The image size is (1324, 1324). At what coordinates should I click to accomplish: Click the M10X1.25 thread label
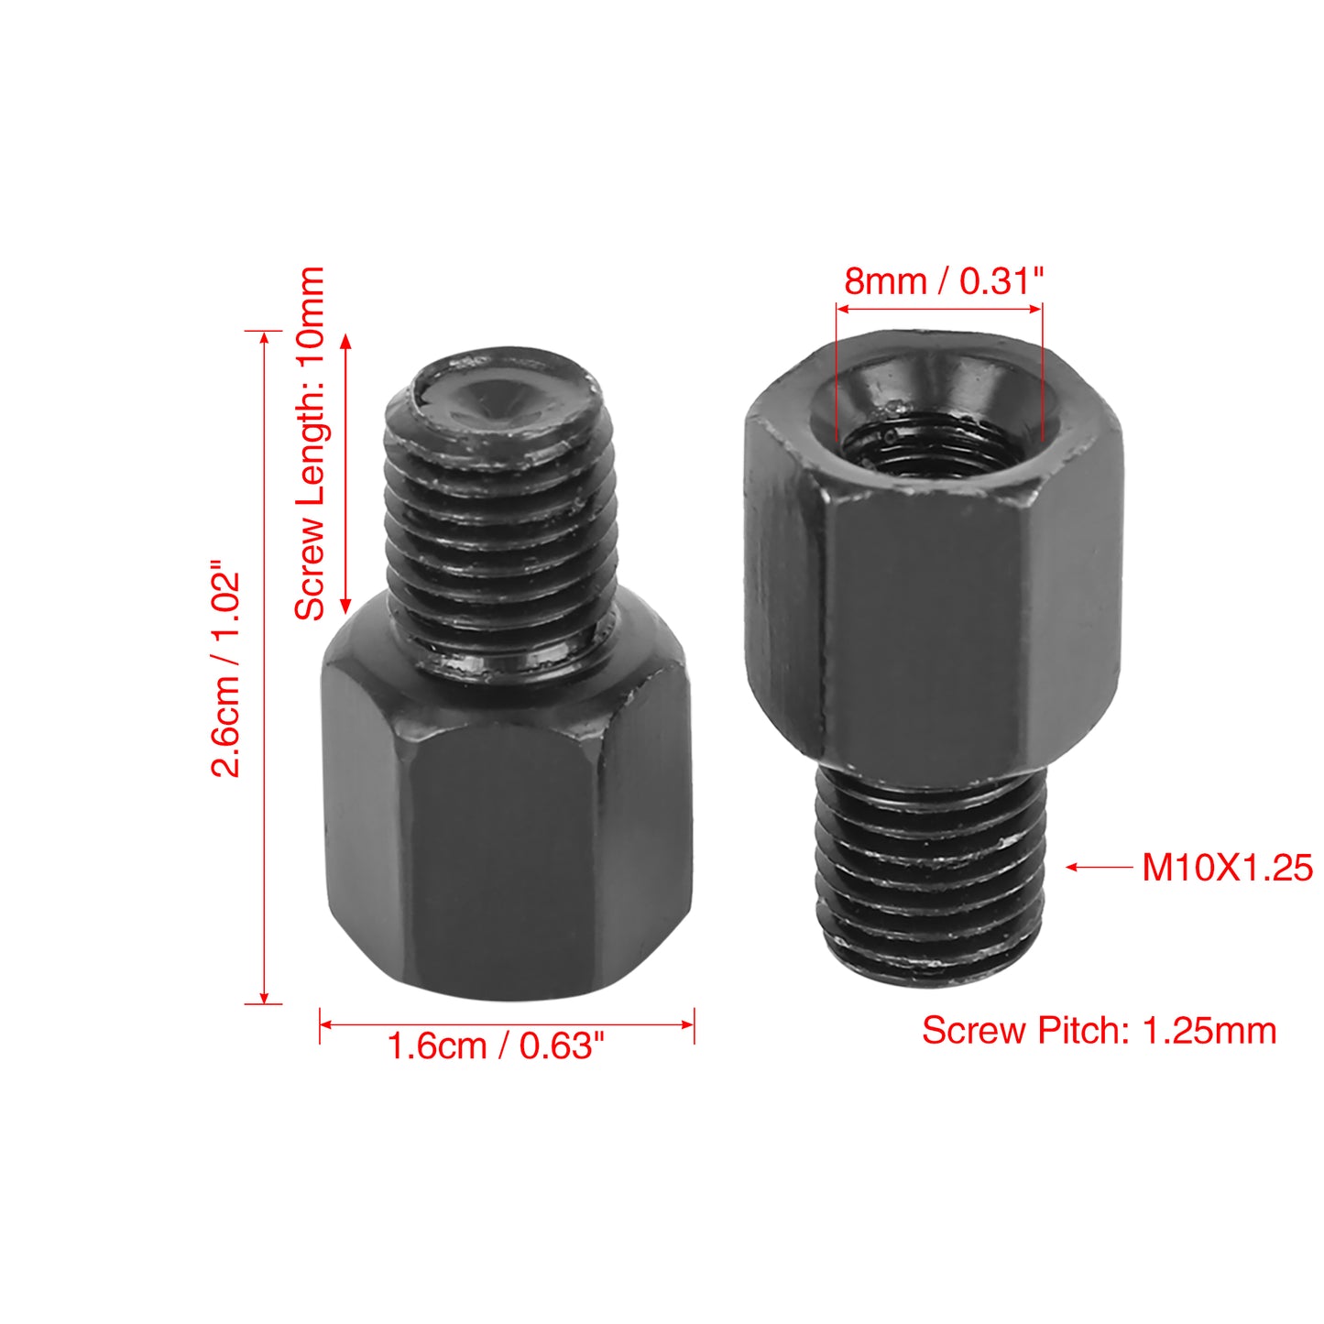pos(1227,868)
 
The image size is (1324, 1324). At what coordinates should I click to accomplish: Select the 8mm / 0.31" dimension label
pos(944,281)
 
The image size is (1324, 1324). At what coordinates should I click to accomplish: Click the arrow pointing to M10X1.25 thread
pos(1098,868)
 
